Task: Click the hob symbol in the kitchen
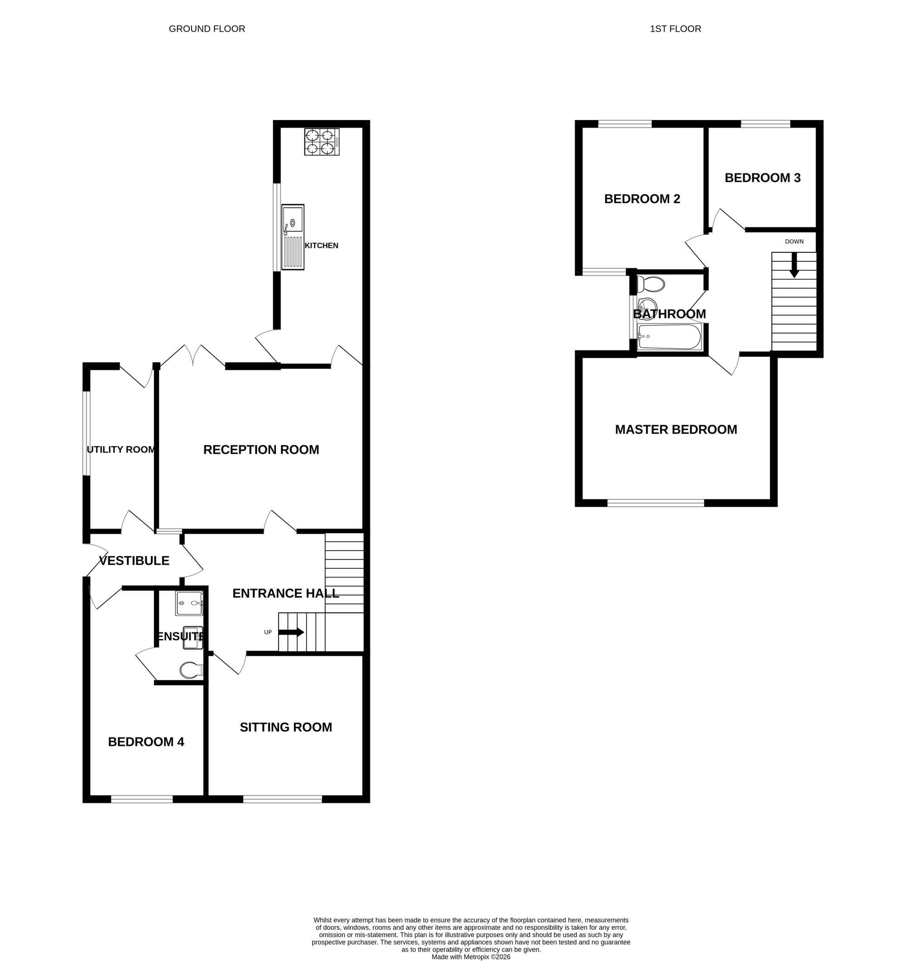[322, 142]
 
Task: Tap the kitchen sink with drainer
[293, 237]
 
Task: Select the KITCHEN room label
[322, 245]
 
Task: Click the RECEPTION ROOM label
[261, 450]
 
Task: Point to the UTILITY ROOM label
[121, 450]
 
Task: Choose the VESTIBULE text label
[134, 561]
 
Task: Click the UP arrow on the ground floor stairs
[291, 632]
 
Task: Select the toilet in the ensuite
[192, 670]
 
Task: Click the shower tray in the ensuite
[189, 603]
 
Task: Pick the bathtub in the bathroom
[670, 337]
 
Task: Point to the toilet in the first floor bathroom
[650, 285]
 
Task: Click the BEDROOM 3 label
[762, 178]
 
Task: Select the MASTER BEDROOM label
[676, 429]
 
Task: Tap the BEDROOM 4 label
[146, 742]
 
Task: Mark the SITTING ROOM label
[286, 727]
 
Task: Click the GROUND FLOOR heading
[207, 29]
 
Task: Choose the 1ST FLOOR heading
[675, 29]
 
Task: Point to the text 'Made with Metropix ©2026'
[471, 956]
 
